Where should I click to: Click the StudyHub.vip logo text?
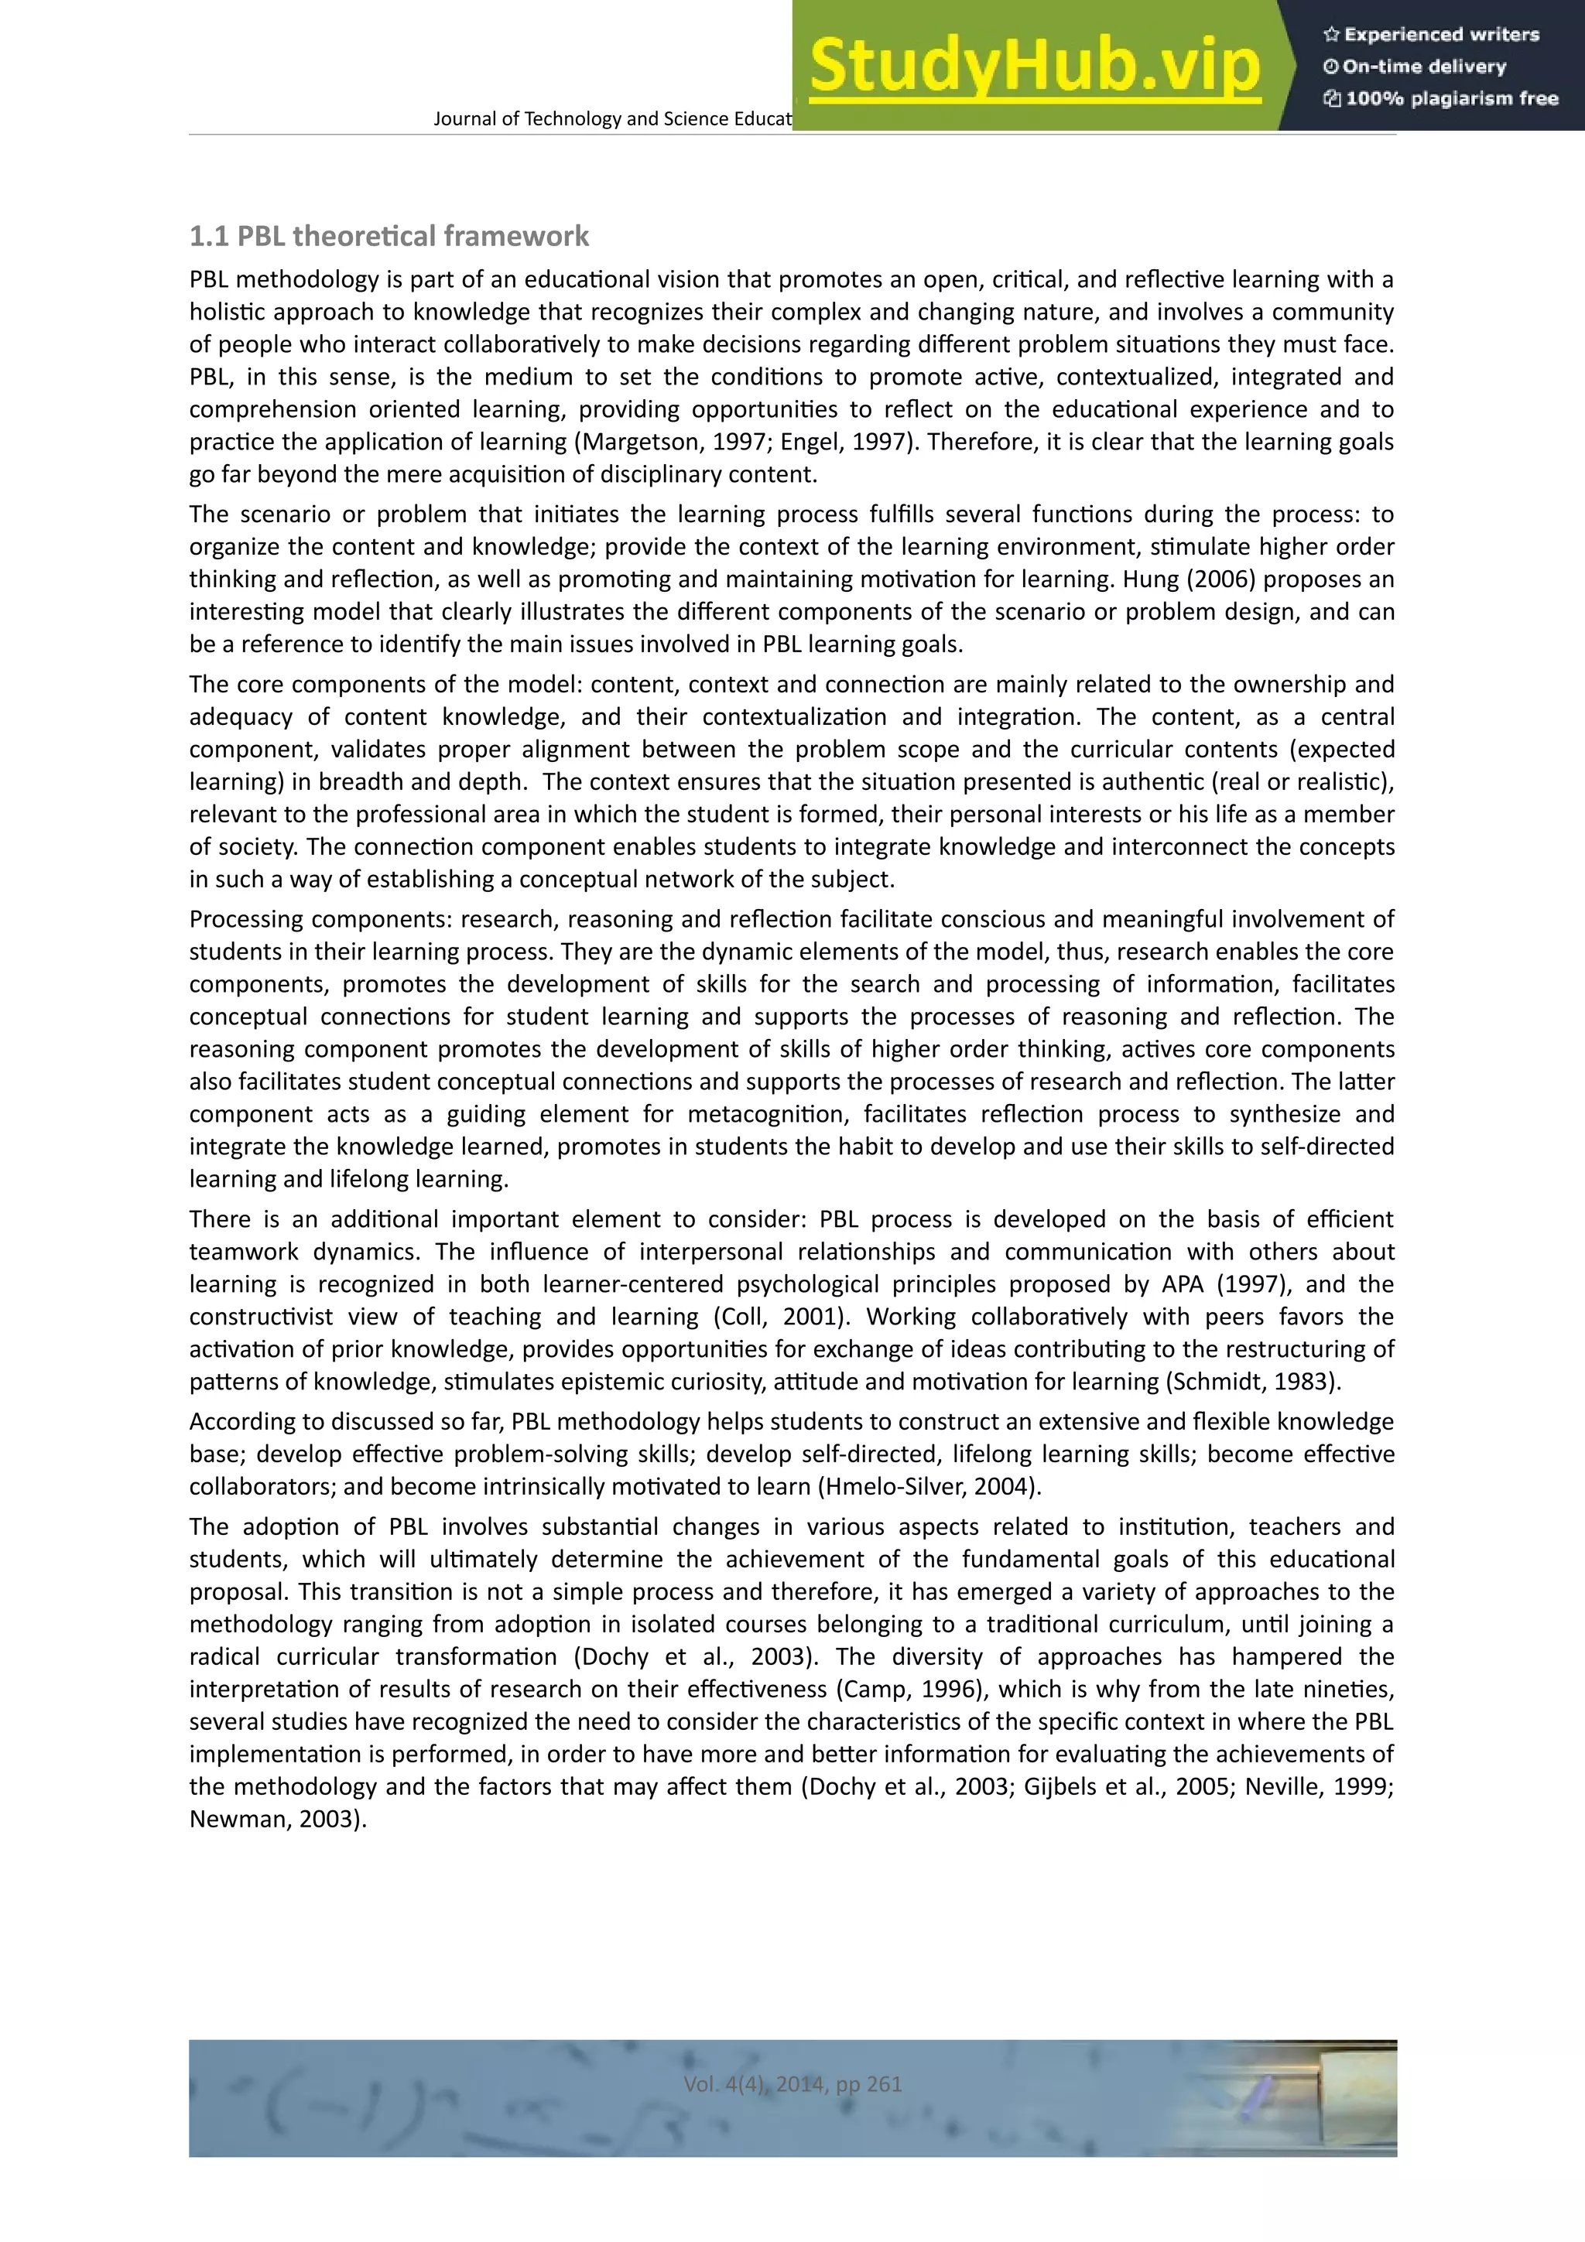pyautogui.click(x=1034, y=67)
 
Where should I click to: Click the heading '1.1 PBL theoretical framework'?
pyautogui.click(x=389, y=236)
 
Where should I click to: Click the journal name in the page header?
pyautogui.click(x=612, y=119)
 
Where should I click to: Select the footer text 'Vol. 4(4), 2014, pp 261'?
pyautogui.click(x=792, y=2084)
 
